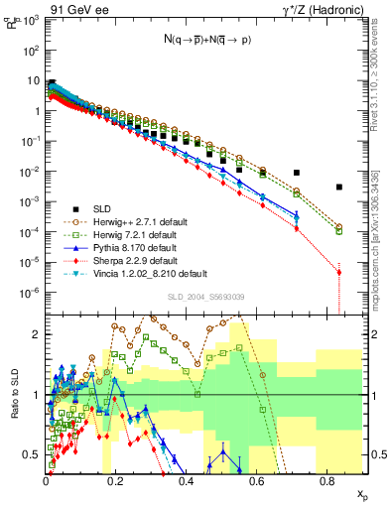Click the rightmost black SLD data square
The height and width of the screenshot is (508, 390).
click(x=339, y=187)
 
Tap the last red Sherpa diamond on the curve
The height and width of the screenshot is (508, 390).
click(x=339, y=272)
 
